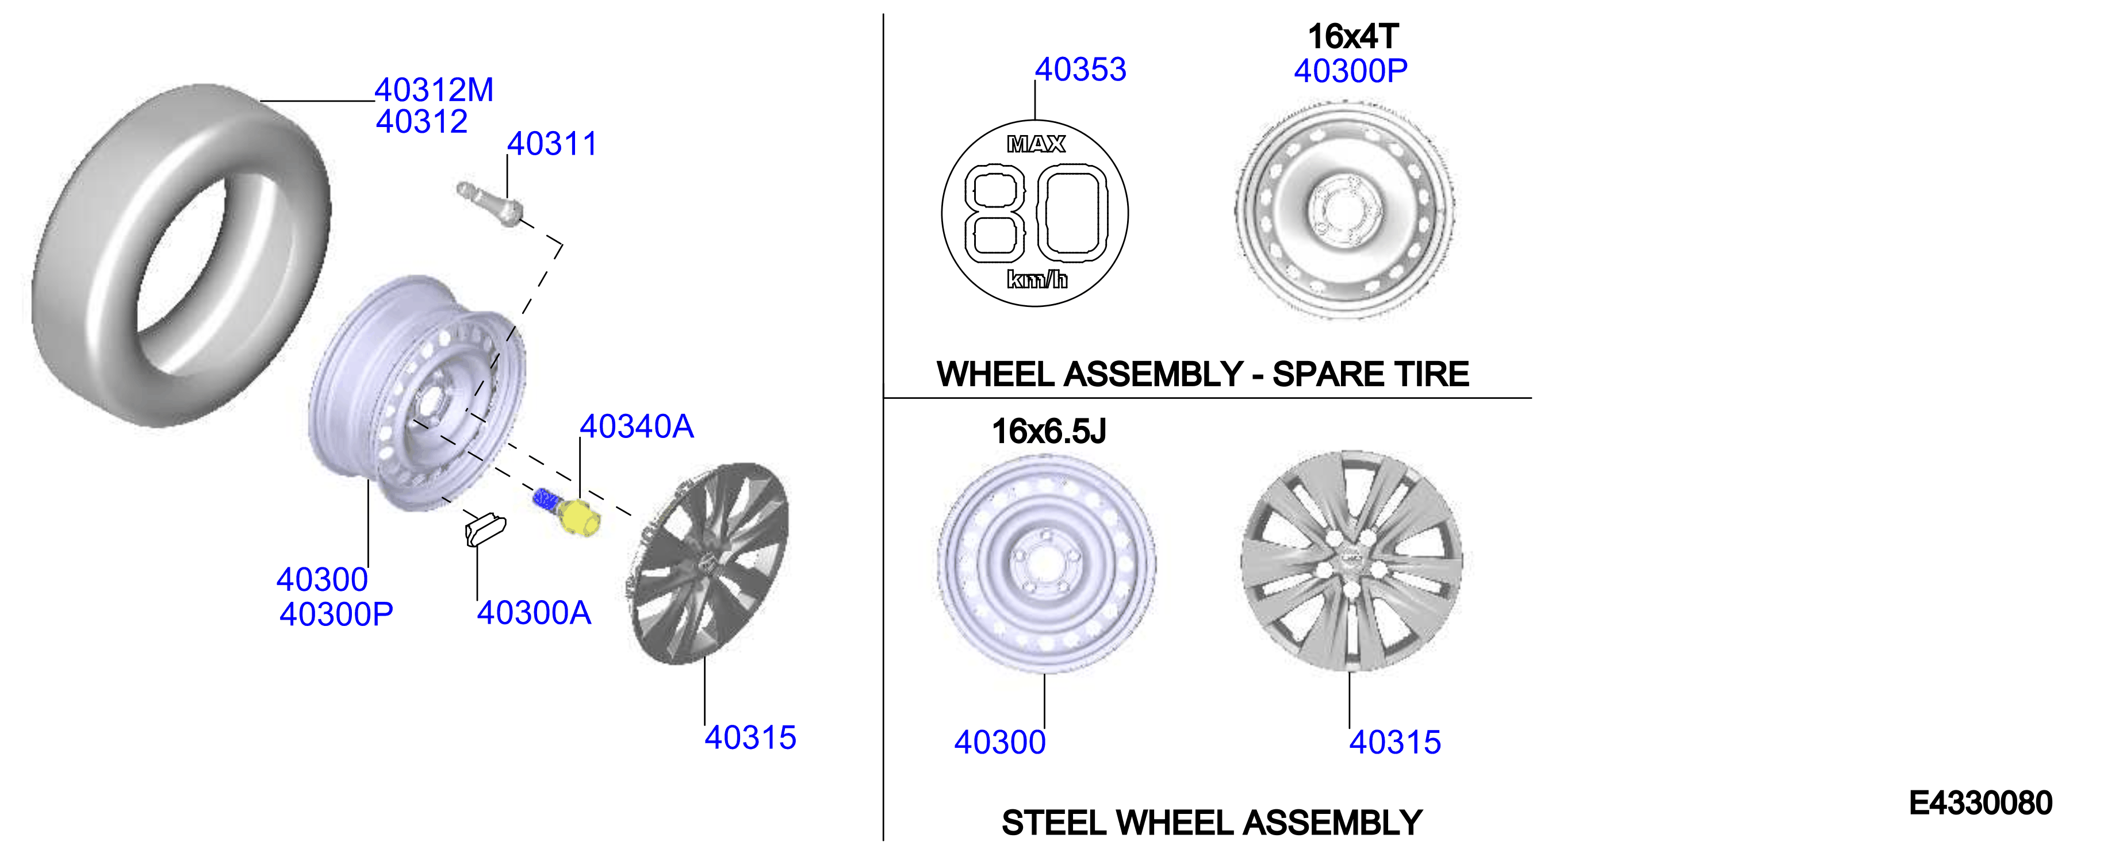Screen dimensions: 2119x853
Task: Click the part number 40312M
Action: pyautogui.click(x=434, y=90)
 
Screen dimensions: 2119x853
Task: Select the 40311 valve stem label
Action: pyautogui.click(x=552, y=144)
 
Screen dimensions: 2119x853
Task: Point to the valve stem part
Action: pyautogui.click(x=491, y=202)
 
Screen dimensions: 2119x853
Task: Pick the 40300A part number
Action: pyautogui.click(x=534, y=613)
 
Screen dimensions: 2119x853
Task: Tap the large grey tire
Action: pyautogui.click(x=181, y=255)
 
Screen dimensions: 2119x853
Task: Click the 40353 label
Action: pyautogui.click(x=1080, y=70)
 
